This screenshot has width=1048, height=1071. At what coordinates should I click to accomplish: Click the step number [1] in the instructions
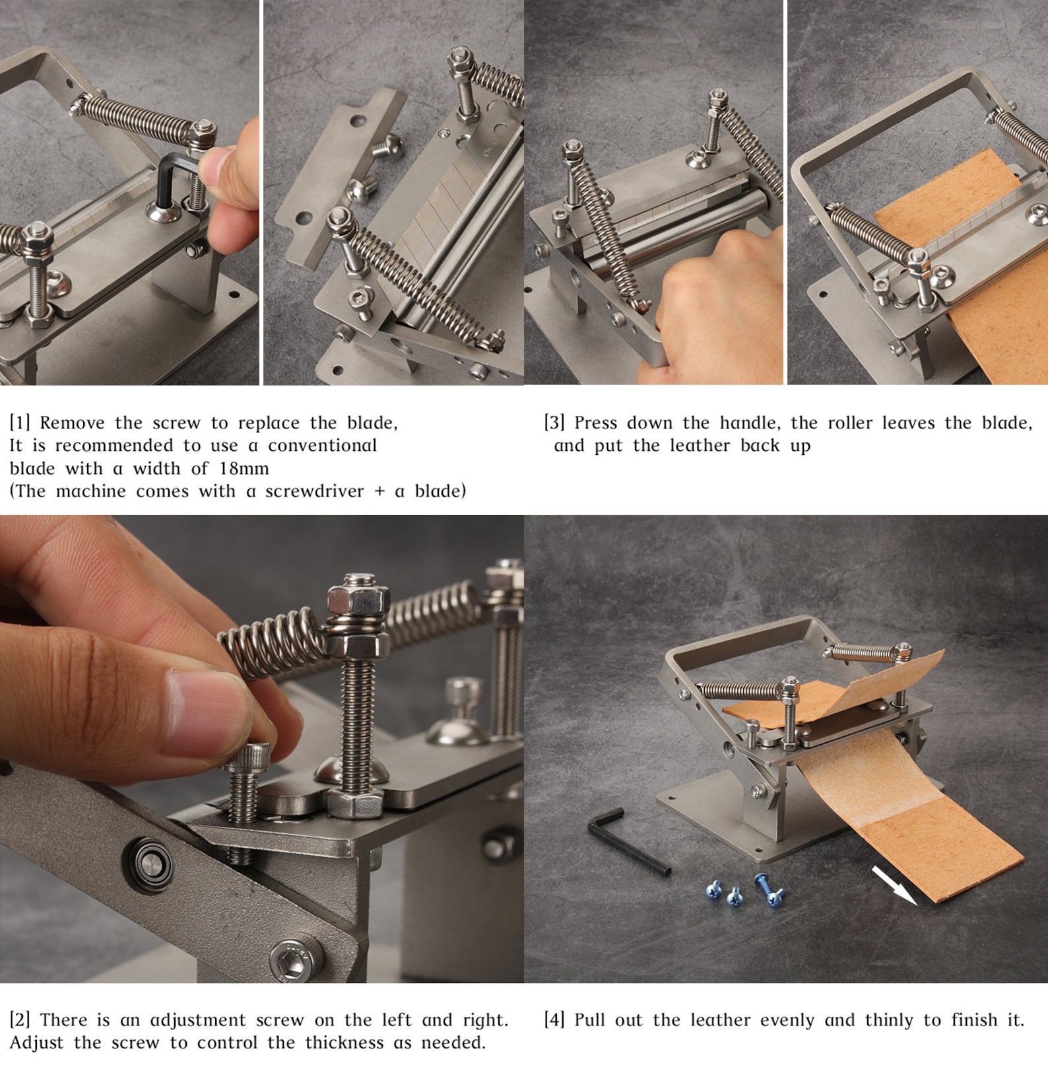point(20,423)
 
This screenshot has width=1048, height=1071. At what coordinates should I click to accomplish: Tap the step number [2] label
point(20,1020)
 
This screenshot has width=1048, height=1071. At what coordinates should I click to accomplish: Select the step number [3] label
point(554,423)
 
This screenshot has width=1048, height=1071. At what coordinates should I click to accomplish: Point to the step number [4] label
point(554,1020)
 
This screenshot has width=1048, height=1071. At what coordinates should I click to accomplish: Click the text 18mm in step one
point(244,469)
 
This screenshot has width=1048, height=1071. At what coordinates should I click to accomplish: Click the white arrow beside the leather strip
point(894,885)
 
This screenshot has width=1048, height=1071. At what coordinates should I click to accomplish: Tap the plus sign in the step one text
point(379,491)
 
